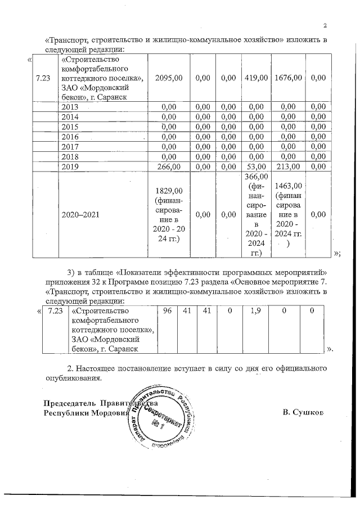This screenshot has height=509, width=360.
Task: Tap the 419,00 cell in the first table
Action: [x=256, y=78]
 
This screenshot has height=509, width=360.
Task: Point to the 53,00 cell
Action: [x=256, y=166]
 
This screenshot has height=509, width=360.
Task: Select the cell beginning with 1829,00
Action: [x=169, y=214]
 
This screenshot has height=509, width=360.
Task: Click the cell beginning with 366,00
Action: [x=256, y=215]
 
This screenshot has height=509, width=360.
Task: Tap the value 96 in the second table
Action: [x=167, y=311]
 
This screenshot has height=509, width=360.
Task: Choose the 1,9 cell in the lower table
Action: [x=254, y=311]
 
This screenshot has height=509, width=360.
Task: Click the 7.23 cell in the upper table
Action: [x=43, y=78]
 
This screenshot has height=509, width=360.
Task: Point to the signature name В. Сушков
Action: [x=304, y=413]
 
